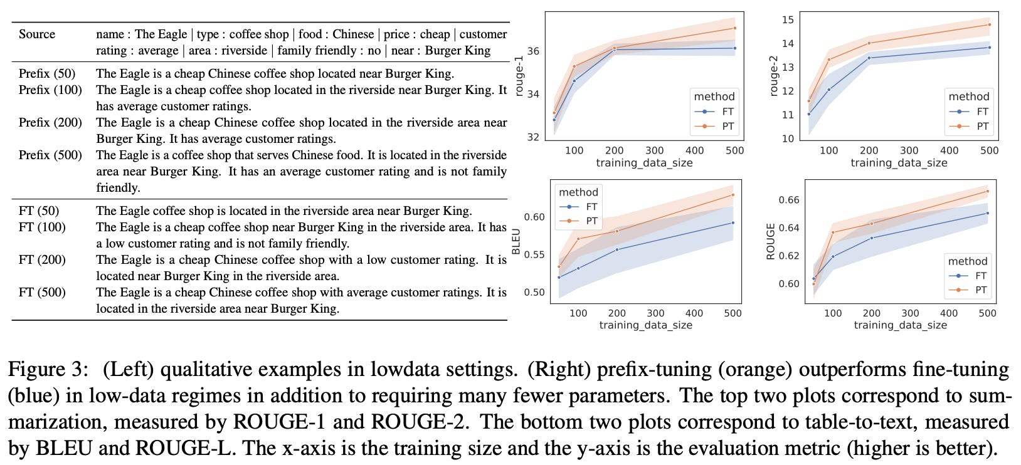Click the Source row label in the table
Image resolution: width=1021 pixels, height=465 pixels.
click(36, 34)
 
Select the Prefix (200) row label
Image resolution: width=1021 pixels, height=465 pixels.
click(50, 123)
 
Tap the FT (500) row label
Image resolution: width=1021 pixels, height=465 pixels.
click(42, 293)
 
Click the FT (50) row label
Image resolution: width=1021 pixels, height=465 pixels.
click(39, 211)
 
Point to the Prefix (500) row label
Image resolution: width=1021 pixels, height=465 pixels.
click(50, 155)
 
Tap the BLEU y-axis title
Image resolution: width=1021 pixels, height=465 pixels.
click(517, 241)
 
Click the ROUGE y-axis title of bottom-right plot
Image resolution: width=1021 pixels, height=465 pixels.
click(771, 241)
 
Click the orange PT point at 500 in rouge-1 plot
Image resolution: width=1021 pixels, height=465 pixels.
click(734, 28)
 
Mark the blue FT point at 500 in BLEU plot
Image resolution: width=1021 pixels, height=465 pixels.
click(733, 222)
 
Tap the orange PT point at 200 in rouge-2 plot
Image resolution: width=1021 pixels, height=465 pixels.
click(869, 43)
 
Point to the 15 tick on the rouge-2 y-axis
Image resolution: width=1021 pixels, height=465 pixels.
click(788, 20)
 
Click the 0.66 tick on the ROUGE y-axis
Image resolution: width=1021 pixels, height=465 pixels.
click(789, 200)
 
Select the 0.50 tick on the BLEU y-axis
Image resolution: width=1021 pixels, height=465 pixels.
click(534, 292)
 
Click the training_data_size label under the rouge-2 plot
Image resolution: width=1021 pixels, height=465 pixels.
click(899, 163)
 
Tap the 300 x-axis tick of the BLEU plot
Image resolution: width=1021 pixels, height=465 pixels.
click(655, 313)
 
